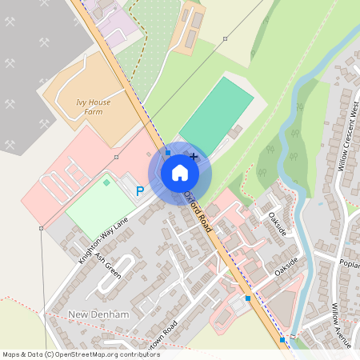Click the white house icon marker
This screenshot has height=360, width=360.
tap(180, 173)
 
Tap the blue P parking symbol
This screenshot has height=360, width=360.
tap(140, 191)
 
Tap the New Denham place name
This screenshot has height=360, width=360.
tap(98, 314)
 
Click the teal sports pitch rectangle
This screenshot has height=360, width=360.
tap(217, 113)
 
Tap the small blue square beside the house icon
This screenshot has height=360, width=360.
tap(168, 151)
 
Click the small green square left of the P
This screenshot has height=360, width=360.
tap(106, 182)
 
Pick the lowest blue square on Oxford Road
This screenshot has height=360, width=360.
tap(282, 340)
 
